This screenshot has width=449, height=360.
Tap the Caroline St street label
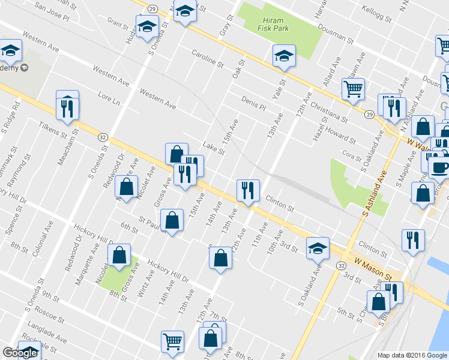[x=207, y=58]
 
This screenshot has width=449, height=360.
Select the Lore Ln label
[x=108, y=99]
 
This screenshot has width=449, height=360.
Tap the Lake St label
[x=213, y=147]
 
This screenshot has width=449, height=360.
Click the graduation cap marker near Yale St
[x=283, y=56]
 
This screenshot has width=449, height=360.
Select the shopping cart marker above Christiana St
[x=353, y=88]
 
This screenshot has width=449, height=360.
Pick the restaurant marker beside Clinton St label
[x=247, y=190]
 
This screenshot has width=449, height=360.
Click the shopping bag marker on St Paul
[x=172, y=220]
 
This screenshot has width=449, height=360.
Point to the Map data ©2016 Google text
[x=412, y=355]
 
